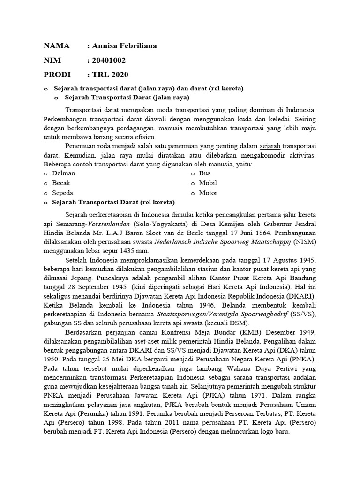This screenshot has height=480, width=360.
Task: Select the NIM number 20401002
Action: (109, 60)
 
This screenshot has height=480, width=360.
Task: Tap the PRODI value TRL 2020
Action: (110, 75)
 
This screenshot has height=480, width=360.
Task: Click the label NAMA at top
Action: (56, 46)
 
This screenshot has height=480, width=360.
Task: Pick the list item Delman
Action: (64, 173)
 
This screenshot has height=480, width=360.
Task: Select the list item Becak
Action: (61, 183)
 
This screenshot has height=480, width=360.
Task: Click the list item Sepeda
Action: (63, 193)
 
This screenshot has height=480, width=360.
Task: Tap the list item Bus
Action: (205, 173)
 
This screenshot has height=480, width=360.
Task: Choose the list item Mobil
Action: (208, 183)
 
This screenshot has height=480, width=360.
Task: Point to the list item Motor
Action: (208, 193)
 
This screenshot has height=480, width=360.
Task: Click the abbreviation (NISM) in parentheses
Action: (305, 241)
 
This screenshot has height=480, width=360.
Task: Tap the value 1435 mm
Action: (135, 251)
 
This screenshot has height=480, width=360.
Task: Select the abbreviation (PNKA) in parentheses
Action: (302, 360)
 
